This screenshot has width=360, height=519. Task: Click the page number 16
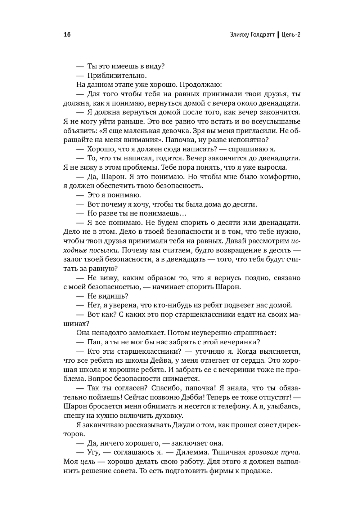(67, 35)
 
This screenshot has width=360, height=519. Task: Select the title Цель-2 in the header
(291, 35)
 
